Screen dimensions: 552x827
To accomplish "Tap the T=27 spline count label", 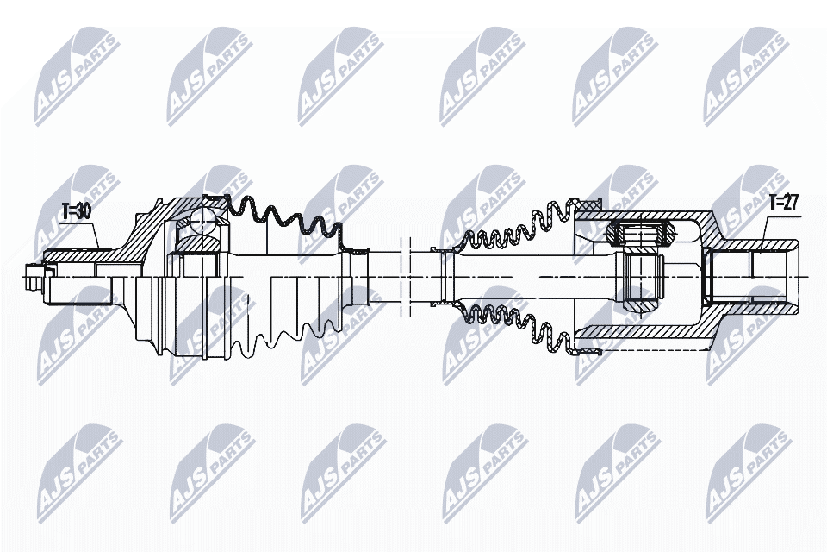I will (x=784, y=204).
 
